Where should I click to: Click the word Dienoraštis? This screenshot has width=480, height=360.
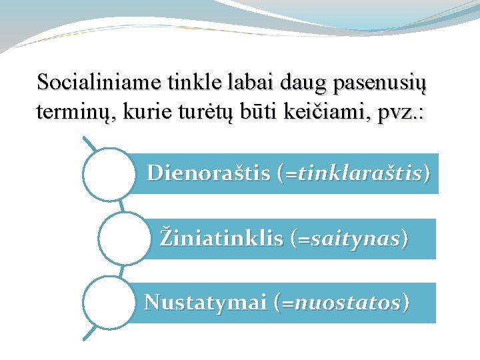point(208,173)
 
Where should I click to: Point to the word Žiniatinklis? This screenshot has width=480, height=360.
point(221,238)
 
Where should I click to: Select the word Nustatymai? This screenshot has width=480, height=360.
point(205,303)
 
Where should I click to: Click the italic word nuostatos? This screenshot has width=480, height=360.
point(347,303)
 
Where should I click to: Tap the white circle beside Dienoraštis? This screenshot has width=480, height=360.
point(109,173)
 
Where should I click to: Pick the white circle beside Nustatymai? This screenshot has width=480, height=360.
point(109,303)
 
